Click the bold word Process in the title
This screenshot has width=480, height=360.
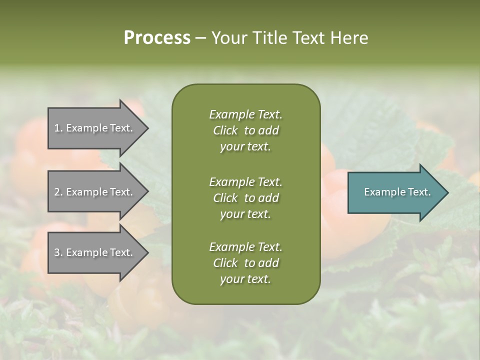(x=157, y=38)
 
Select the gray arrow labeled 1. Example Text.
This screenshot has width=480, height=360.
(x=95, y=128)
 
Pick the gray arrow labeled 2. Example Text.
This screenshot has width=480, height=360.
(x=95, y=192)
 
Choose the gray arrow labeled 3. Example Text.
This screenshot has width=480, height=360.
(x=95, y=252)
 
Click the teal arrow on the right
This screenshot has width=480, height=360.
(x=395, y=192)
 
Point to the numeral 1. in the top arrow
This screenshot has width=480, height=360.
(x=58, y=128)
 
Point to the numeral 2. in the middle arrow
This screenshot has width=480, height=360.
(x=58, y=192)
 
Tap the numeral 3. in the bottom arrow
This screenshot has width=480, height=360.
(x=58, y=252)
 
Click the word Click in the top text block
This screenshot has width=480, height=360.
(x=225, y=130)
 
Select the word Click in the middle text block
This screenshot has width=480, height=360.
(x=225, y=198)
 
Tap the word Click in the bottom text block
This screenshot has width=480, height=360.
(x=225, y=263)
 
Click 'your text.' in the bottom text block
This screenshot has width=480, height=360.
(x=245, y=279)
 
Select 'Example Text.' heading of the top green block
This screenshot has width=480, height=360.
(x=245, y=114)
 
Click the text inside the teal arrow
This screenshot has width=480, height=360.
(x=397, y=192)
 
